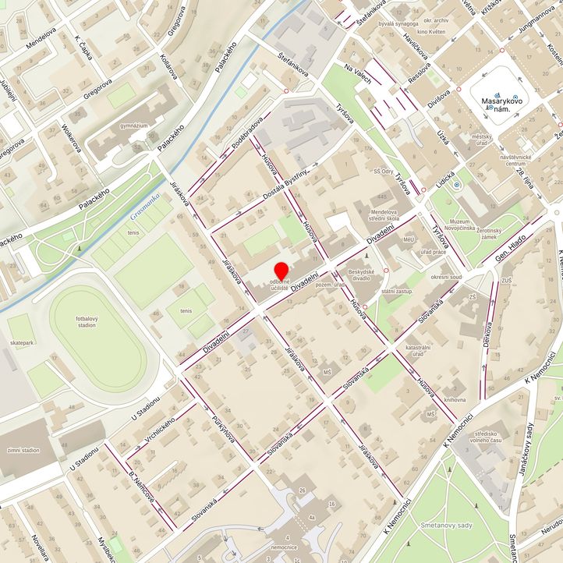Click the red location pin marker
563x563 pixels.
click(281, 270)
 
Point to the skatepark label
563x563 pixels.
click(22, 342)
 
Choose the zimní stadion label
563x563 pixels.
click(23, 450)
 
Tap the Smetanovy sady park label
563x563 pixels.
click(444, 525)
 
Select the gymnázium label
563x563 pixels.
click(134, 125)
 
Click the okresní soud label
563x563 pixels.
click(446, 277)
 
